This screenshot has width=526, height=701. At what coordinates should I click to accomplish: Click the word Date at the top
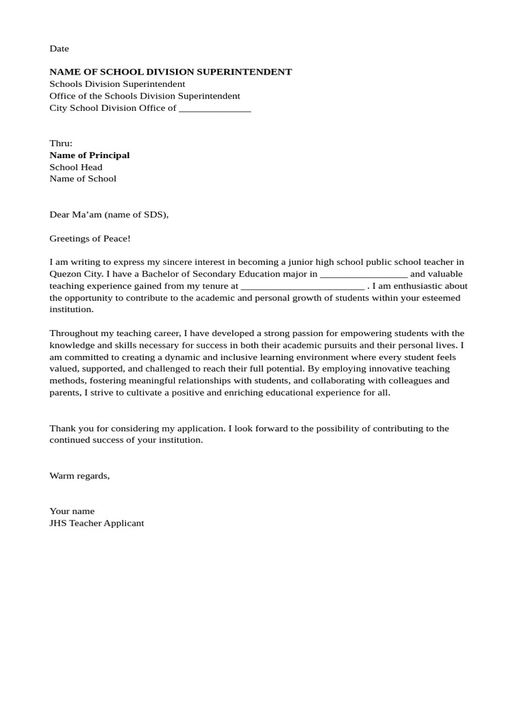click(59, 49)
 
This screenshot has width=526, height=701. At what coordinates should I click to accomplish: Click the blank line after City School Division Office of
click(214, 108)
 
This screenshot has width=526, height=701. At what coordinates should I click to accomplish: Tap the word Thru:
click(61, 143)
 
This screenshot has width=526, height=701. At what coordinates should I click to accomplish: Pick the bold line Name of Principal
click(89, 155)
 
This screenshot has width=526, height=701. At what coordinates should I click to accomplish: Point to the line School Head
click(75, 167)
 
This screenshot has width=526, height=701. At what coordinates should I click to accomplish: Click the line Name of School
click(83, 179)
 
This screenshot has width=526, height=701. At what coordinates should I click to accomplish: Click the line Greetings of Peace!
click(90, 238)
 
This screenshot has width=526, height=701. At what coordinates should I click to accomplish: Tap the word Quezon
click(64, 274)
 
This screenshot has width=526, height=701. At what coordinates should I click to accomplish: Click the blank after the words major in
click(364, 274)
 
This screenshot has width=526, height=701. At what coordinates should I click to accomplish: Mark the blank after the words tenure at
click(302, 286)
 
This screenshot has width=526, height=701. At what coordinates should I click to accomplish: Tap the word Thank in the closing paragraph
click(62, 429)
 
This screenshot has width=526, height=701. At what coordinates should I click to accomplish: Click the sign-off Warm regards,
click(79, 476)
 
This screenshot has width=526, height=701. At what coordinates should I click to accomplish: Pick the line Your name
click(72, 511)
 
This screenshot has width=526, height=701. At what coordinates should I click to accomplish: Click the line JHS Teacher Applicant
click(97, 523)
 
